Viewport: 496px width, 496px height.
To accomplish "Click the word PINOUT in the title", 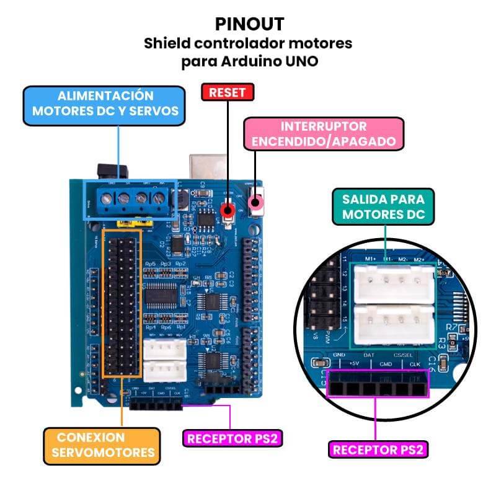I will click(x=250, y=24).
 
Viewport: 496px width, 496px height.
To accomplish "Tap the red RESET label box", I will click(x=228, y=93).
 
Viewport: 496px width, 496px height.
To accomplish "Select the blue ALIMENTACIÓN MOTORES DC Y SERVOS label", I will click(x=105, y=104).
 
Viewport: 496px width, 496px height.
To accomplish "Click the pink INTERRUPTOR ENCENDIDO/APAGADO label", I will click(x=323, y=133).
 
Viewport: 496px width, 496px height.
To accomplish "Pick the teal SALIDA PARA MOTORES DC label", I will click(x=384, y=207).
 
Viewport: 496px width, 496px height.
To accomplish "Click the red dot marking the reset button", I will click(x=228, y=211).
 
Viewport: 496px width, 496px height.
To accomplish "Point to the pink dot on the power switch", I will click(x=255, y=202).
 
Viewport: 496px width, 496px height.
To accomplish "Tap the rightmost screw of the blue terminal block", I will click(x=159, y=199).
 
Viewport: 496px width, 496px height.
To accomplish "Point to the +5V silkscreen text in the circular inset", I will click(x=354, y=364).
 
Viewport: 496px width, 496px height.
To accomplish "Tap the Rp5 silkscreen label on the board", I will click(x=150, y=264).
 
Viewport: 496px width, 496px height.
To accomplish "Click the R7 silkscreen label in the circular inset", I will click(x=451, y=326).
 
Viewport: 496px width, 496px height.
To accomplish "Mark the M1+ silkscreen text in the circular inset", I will click(x=370, y=259).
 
